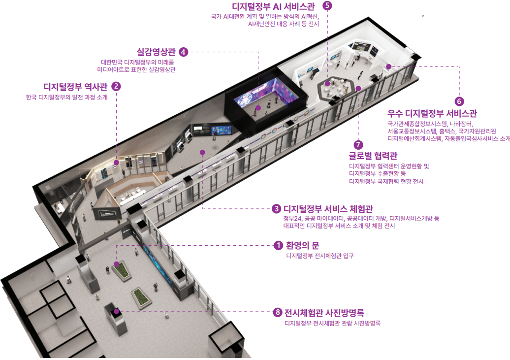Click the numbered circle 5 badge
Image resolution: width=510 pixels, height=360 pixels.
click(x=327, y=5)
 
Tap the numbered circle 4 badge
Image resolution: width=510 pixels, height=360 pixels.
click(x=184, y=52)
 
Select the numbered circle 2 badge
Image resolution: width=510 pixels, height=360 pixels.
click(x=116, y=86)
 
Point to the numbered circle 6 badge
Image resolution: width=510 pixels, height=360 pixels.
click(x=459, y=101)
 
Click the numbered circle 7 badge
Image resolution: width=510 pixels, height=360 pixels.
click(x=358, y=144)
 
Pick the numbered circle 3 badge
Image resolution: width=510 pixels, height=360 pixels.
click(x=276, y=209)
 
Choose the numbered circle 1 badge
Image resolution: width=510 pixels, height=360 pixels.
click(x=278, y=245)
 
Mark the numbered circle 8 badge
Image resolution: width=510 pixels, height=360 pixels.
click(x=278, y=313)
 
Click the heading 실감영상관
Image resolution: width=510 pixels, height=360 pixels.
click(x=156, y=52)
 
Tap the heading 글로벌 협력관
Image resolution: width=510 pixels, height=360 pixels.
click(x=373, y=156)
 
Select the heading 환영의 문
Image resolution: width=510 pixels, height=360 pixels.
click(x=302, y=245)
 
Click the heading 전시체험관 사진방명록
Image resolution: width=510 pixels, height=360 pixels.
click(x=324, y=313)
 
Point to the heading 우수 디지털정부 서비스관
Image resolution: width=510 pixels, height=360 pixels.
click(x=432, y=114)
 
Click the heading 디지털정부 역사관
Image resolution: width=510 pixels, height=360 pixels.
click(x=75, y=87)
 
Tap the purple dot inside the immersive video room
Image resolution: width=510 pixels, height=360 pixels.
click(x=258, y=108)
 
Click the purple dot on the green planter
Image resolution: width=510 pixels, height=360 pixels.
click(x=116, y=263)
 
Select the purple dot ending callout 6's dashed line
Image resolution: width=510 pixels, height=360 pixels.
click(x=388, y=66)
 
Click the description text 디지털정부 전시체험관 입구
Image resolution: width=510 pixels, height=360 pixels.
click(x=319, y=256)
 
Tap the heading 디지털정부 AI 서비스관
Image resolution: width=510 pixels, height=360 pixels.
click(x=274, y=6)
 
